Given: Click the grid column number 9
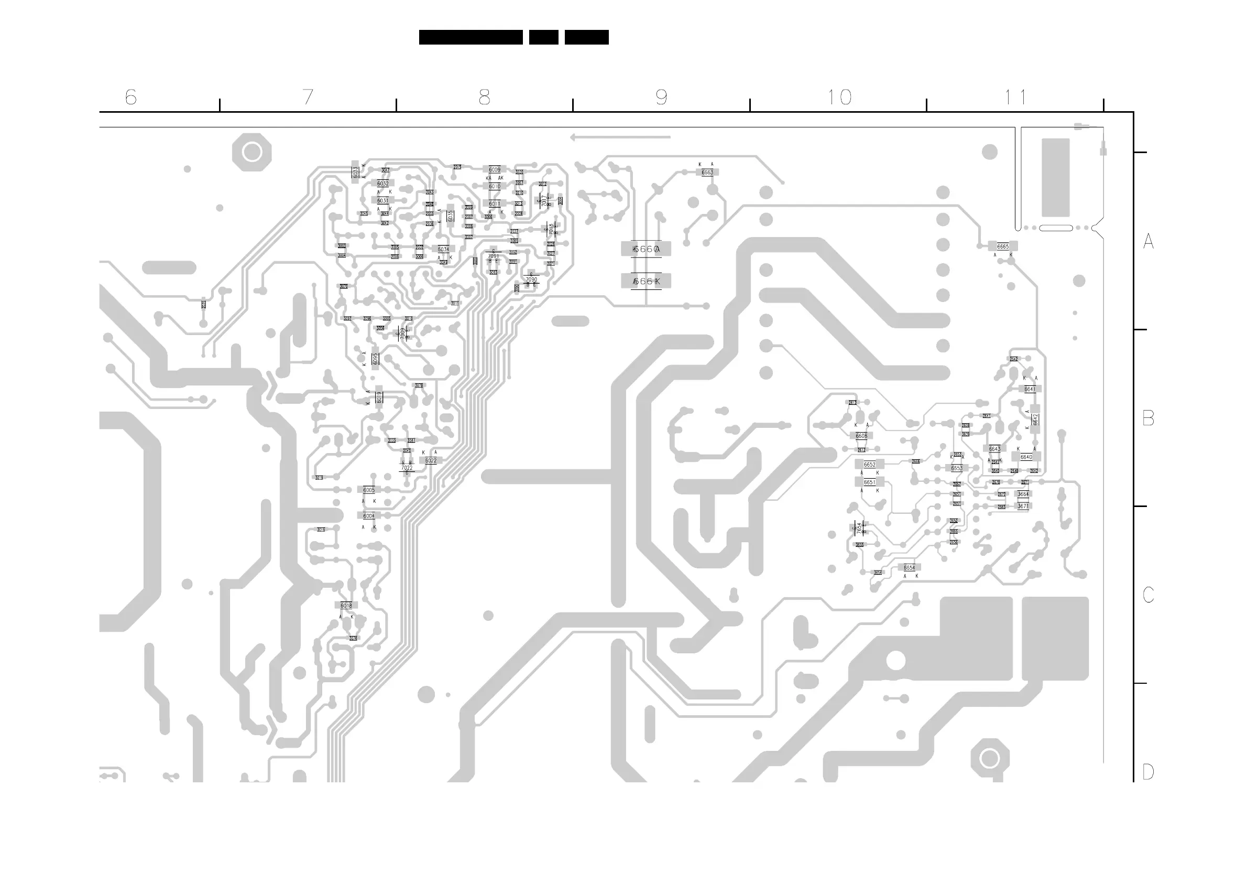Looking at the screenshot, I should point(661,98).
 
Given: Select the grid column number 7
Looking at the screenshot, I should point(308,98).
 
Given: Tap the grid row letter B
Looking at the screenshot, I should point(1148,418).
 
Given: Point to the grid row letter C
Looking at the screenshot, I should point(1148,595).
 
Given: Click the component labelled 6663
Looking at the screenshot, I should point(707,173).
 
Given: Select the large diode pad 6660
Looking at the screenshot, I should point(646,249).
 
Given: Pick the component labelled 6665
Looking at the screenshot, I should point(1002,246).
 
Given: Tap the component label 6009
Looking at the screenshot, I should point(495,170).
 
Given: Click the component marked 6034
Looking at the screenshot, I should point(443,250).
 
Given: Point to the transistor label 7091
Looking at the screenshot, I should point(494,256).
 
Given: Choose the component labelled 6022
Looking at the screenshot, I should point(431,460).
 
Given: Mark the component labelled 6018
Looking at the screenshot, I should point(346,605).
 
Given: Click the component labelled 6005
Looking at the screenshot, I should point(369,490).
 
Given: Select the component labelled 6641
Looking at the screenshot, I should point(1029,389).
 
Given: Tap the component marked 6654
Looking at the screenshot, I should point(909,568).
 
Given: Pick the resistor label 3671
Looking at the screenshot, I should point(1023,506).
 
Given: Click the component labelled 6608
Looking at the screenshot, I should point(861,436).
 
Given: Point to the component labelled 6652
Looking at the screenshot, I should point(869,465).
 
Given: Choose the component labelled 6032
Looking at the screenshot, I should point(383,184).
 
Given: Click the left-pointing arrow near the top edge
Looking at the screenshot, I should point(619,137).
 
